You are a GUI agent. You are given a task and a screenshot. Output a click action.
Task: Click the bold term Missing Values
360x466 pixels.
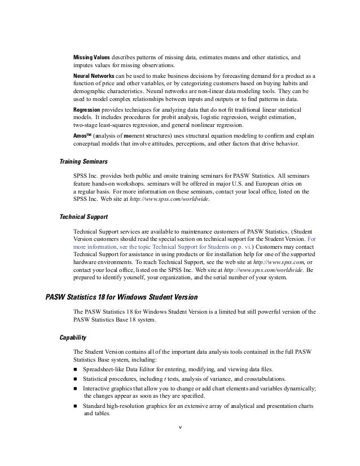pyautogui.click(x=91, y=57)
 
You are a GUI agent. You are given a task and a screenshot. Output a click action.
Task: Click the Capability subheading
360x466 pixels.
pyautogui.click(x=73, y=338)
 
